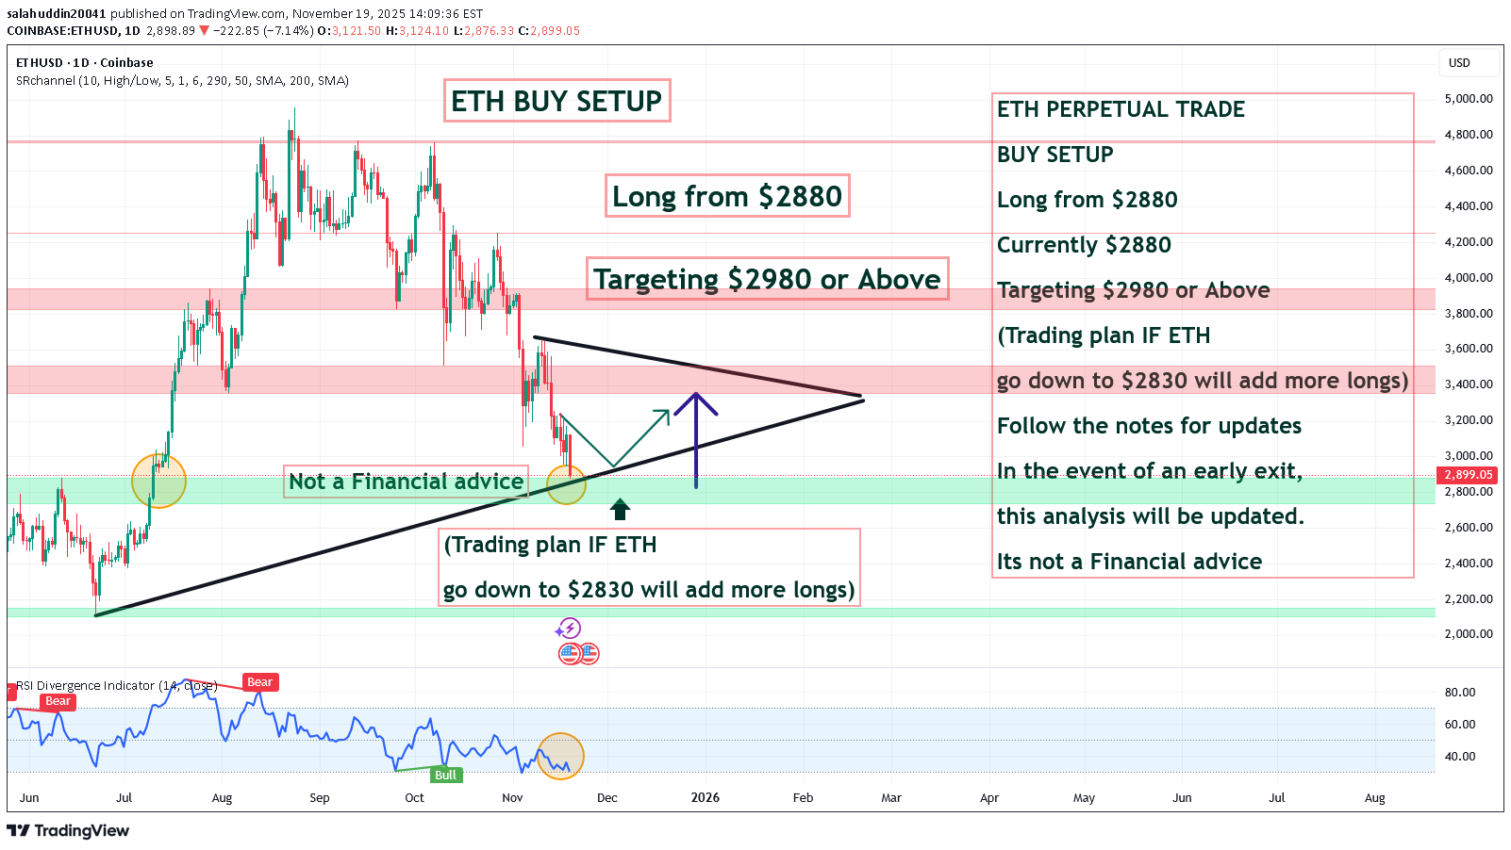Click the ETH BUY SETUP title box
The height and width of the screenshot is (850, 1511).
(x=556, y=101)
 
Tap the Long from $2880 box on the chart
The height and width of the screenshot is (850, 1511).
(x=726, y=196)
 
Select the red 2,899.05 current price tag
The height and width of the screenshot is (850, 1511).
(x=1468, y=475)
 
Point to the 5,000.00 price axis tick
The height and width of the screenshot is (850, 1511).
(x=1468, y=99)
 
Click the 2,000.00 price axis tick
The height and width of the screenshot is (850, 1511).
(x=1468, y=634)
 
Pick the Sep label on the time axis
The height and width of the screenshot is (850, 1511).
(x=320, y=798)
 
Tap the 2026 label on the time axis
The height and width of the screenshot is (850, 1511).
(x=705, y=798)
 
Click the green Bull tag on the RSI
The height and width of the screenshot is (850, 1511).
(x=445, y=776)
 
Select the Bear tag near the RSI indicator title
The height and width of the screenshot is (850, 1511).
(x=259, y=682)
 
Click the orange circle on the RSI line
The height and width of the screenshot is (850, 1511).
(x=560, y=757)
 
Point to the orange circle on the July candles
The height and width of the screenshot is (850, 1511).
(x=158, y=482)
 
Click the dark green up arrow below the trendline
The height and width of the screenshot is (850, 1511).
(x=620, y=510)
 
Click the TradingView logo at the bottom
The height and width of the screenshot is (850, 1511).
(x=68, y=830)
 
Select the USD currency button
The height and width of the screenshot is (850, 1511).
(x=1460, y=63)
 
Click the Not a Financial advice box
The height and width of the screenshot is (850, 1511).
(x=406, y=482)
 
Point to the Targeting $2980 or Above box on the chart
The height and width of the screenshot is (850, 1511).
(x=767, y=279)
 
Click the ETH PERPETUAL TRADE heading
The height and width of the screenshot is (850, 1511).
(x=1121, y=109)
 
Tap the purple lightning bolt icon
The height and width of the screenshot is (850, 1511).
(x=568, y=628)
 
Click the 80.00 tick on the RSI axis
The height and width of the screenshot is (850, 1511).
(x=1460, y=693)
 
